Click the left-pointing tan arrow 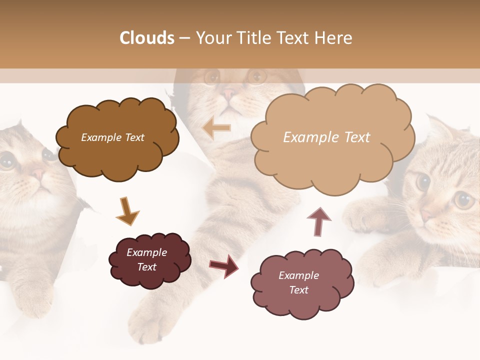pos(216,128)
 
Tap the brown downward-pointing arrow pos(127,211)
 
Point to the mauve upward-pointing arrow pos(318,220)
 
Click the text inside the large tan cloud pos(326,137)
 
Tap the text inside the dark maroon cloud pos(146,259)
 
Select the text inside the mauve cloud pos(298,282)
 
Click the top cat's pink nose pos(229,93)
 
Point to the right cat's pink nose pos(425,215)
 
